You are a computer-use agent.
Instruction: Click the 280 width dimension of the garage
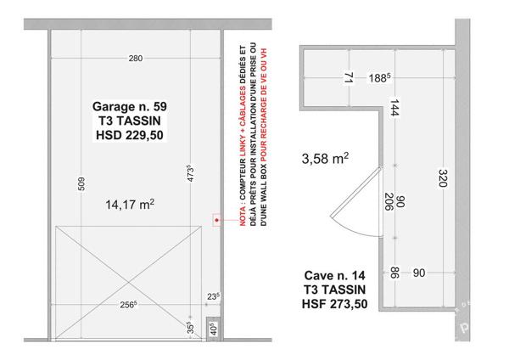pos(136,58)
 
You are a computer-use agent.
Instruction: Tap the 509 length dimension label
pos(81,184)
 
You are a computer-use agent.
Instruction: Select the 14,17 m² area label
pos(130,205)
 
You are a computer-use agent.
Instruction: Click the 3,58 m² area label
pos(325,158)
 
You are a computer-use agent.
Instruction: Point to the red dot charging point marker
pos(216,220)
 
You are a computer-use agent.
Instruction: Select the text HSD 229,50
pos(130,135)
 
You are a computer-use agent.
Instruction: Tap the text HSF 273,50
pos(335,304)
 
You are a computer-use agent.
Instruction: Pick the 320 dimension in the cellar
pos(443,178)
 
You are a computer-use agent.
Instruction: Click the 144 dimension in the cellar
pos(394,108)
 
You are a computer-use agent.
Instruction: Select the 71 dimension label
pos(349,77)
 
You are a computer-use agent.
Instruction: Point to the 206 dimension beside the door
pos(389,201)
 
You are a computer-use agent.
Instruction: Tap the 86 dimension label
pos(394,273)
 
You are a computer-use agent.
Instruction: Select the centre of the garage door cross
pos(129,283)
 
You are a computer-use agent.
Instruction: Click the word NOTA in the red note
pos(243,216)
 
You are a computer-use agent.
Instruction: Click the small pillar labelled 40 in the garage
pos(213,329)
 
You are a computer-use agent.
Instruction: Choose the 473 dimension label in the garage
pos(191,174)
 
